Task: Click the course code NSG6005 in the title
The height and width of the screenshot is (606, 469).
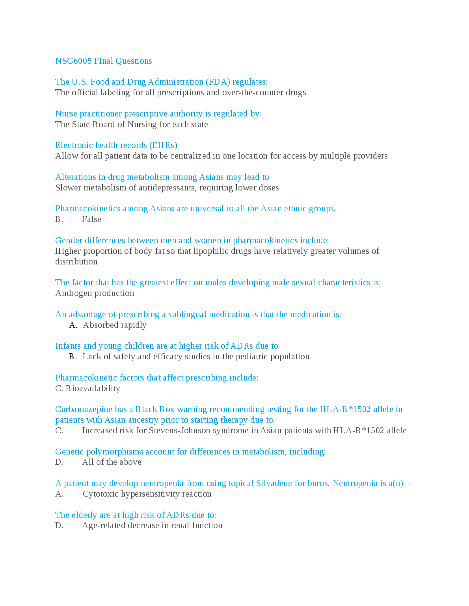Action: click(x=73, y=61)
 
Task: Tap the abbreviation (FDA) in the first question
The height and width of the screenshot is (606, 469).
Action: click(x=218, y=82)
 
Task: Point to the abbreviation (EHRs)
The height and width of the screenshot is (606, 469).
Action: click(x=163, y=145)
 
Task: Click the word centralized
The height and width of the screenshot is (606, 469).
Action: click(x=185, y=156)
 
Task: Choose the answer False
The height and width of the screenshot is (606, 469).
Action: click(x=91, y=219)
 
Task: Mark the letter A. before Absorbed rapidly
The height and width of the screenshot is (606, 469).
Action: click(x=73, y=325)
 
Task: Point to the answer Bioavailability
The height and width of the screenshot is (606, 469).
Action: click(x=93, y=388)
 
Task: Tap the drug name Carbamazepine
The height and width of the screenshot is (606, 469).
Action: click(x=84, y=409)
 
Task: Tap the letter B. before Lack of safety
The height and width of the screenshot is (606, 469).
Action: click(x=73, y=357)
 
